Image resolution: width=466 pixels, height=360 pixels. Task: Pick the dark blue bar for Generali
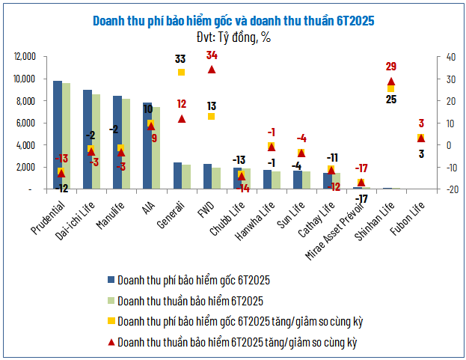coord(177,176)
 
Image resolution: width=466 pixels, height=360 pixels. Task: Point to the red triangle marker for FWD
coord(212,70)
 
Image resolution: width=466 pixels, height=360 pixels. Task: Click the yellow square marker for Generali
coord(181,72)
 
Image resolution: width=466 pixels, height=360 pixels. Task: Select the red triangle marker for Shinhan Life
coord(391,82)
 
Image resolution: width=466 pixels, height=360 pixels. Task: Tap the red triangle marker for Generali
coord(181,118)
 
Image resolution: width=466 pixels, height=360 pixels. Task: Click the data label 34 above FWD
coord(212,55)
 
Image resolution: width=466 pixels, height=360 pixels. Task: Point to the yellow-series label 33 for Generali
coord(181,58)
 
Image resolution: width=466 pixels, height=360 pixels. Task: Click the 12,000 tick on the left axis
coord(25,56)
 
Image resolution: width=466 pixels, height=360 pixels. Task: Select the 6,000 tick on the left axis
coord(28,123)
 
